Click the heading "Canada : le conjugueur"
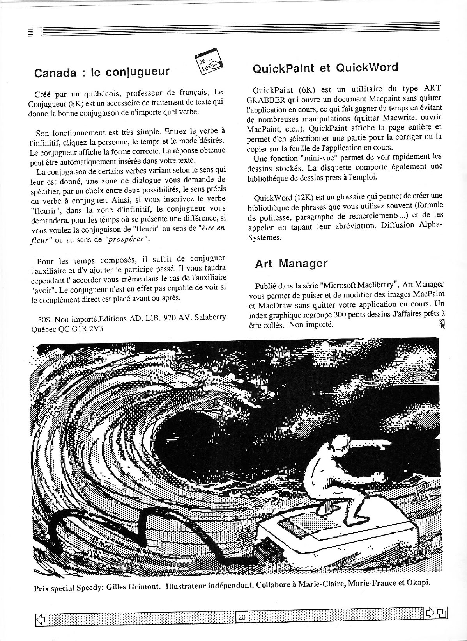pyautogui.click(x=102, y=72)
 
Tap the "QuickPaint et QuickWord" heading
pyautogui.click(x=325, y=68)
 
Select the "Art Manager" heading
pyautogui.click(x=291, y=264)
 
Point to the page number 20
pyautogui.click(x=242, y=617)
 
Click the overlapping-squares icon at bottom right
pyautogui.click(x=442, y=613)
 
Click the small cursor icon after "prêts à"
pyautogui.click(x=441, y=323)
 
